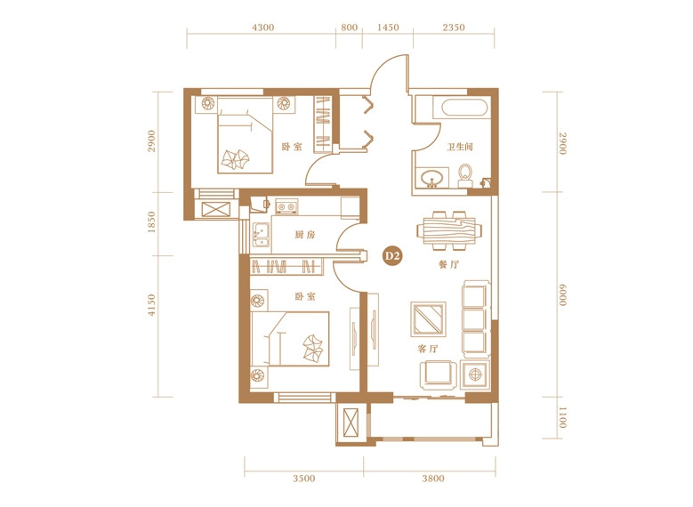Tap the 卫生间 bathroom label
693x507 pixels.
click(x=460, y=146)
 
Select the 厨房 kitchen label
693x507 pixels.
click(x=305, y=235)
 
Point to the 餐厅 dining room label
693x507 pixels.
click(x=448, y=264)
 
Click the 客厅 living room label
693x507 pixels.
click(x=427, y=349)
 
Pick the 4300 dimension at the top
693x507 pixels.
click(x=263, y=28)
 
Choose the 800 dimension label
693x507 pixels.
click(x=349, y=28)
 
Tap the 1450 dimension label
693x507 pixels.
click(x=388, y=28)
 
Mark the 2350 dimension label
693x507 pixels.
click(x=454, y=28)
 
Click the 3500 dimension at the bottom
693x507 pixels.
click(x=304, y=479)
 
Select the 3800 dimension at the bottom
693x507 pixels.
click(x=433, y=479)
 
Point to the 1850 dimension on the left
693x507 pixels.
click(x=151, y=222)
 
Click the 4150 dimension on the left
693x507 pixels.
click(x=151, y=305)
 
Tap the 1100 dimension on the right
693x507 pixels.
click(x=561, y=418)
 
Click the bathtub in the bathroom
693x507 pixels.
click(x=465, y=108)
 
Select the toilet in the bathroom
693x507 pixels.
click(x=464, y=175)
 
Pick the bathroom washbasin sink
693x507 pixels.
click(x=431, y=178)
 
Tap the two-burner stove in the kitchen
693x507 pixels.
click(x=286, y=206)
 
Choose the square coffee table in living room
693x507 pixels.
click(x=428, y=318)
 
